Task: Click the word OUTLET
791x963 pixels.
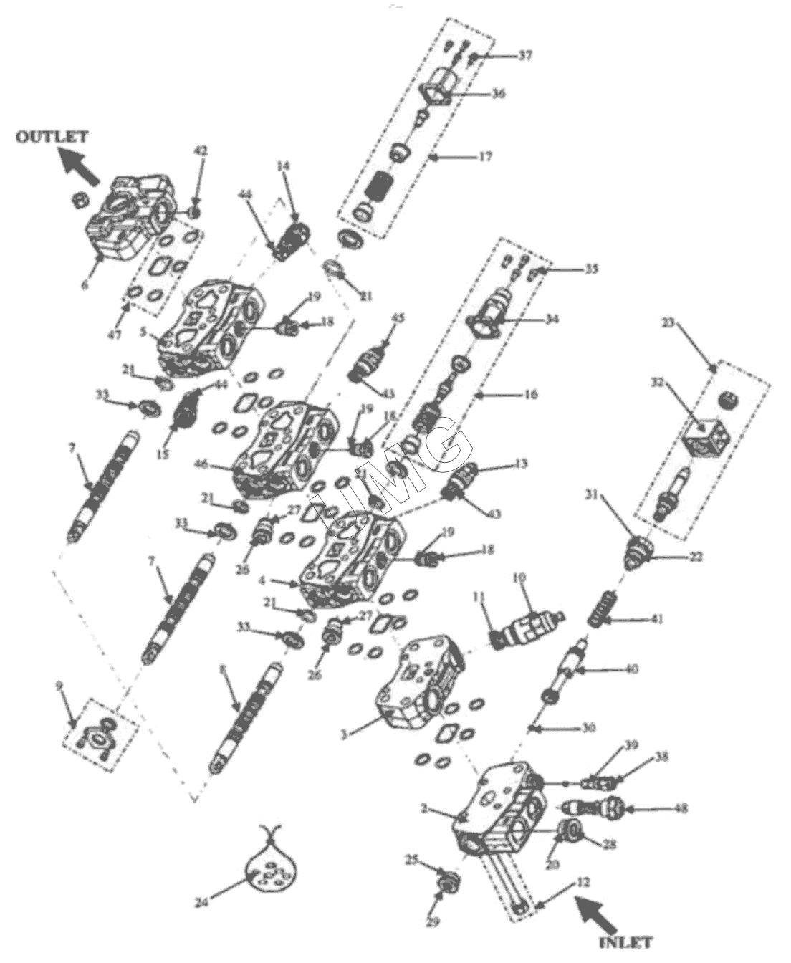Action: (52, 136)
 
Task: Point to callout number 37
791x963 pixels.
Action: (525, 55)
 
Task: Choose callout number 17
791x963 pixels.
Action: (485, 155)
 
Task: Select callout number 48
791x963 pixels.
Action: (680, 808)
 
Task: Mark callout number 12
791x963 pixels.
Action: (583, 883)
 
